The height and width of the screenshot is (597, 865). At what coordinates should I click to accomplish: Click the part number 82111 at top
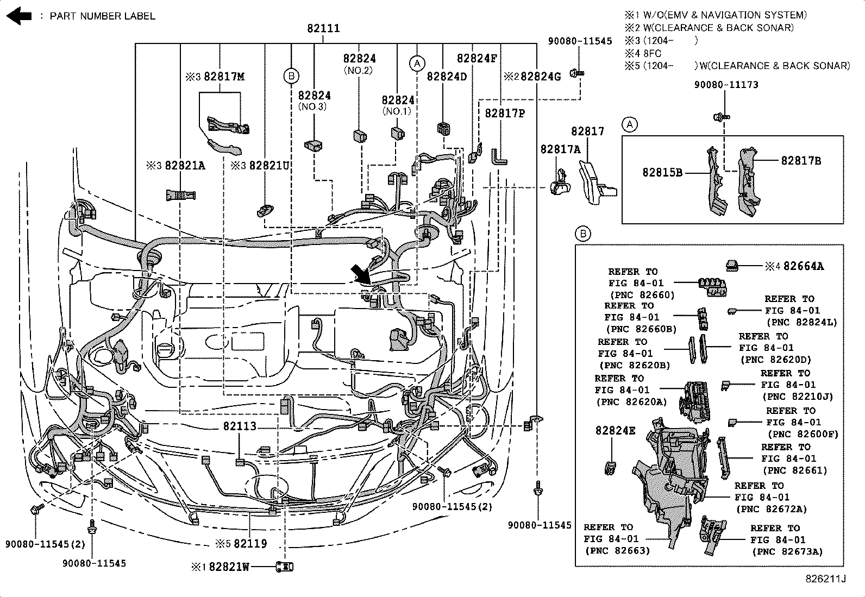click(x=323, y=28)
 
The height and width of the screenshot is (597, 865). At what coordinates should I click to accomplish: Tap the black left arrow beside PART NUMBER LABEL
click(x=18, y=16)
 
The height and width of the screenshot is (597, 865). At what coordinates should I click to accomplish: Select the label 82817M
click(x=224, y=77)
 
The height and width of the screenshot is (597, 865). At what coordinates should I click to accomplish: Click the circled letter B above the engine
click(x=291, y=76)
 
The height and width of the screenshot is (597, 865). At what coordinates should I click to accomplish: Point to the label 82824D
click(x=447, y=77)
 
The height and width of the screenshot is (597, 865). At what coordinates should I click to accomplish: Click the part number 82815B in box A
click(x=662, y=172)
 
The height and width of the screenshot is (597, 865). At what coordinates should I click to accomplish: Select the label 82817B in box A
click(x=801, y=160)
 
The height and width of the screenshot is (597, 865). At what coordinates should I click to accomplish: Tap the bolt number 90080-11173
click(x=726, y=85)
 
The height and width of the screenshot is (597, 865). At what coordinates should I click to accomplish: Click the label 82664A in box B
click(x=803, y=266)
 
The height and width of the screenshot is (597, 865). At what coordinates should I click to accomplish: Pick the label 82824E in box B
click(x=615, y=430)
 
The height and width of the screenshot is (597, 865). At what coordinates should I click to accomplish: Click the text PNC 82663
click(x=617, y=551)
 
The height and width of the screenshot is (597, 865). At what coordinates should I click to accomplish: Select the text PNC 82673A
click(x=787, y=552)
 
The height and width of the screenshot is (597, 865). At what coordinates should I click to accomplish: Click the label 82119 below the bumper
click(x=250, y=544)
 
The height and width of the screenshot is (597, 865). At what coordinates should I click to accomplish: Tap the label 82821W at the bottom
click(x=229, y=567)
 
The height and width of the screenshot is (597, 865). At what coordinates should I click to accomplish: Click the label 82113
click(x=240, y=426)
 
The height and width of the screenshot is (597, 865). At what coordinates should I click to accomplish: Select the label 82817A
click(x=560, y=149)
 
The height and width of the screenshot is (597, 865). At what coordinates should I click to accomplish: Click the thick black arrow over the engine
click(x=360, y=274)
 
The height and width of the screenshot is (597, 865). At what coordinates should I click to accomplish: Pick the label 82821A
click(x=185, y=166)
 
